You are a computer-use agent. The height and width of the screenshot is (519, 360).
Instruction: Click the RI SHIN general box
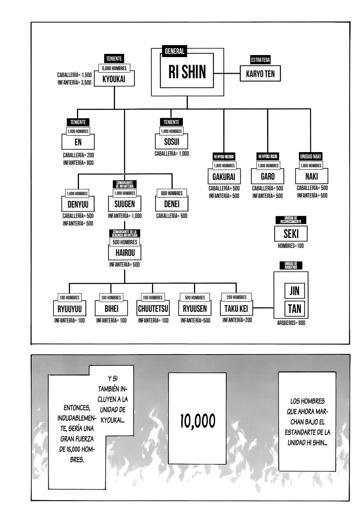187,72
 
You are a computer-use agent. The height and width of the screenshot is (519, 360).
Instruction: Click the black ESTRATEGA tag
261,60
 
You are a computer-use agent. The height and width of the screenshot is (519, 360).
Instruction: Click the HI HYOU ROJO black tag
267,156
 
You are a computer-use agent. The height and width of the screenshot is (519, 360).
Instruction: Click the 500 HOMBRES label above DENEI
172,193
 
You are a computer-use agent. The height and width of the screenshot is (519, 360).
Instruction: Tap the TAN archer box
291,308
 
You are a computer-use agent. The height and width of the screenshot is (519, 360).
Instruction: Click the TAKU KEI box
237,309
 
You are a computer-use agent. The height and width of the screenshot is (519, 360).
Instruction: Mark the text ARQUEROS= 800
291,323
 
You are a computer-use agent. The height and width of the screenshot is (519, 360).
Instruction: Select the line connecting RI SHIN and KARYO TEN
227,74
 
